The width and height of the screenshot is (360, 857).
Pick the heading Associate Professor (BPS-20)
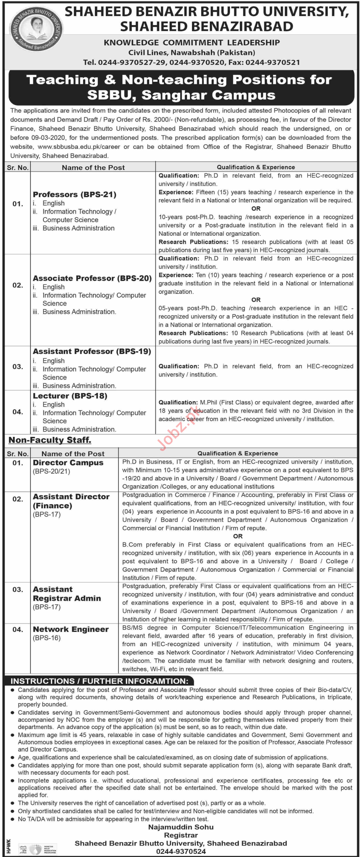[x=92, y=278]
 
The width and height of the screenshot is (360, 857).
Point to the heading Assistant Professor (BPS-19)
[x=92, y=351]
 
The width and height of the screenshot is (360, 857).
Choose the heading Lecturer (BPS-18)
[x=70, y=395]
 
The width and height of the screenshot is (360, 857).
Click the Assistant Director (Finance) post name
[x=71, y=501]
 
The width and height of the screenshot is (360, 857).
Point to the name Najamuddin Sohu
[x=181, y=827]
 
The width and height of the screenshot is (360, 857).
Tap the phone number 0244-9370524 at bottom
[x=181, y=851]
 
